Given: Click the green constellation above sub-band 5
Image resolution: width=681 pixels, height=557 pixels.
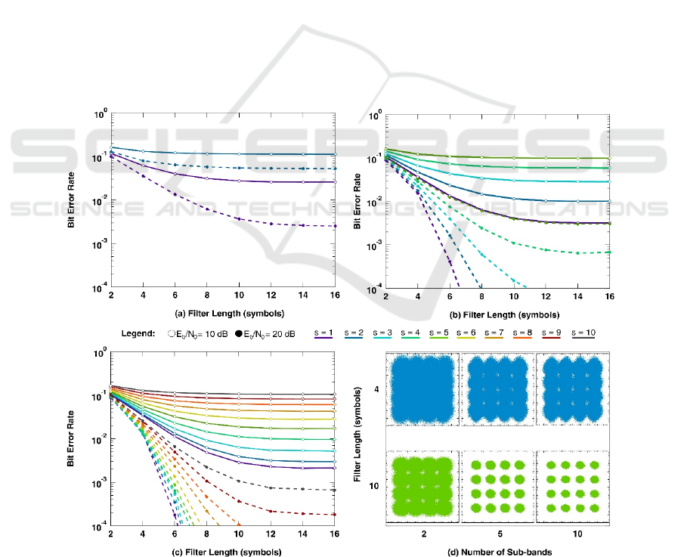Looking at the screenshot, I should click(494, 486).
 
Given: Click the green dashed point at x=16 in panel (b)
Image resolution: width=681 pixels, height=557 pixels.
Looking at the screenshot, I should click(608, 252).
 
